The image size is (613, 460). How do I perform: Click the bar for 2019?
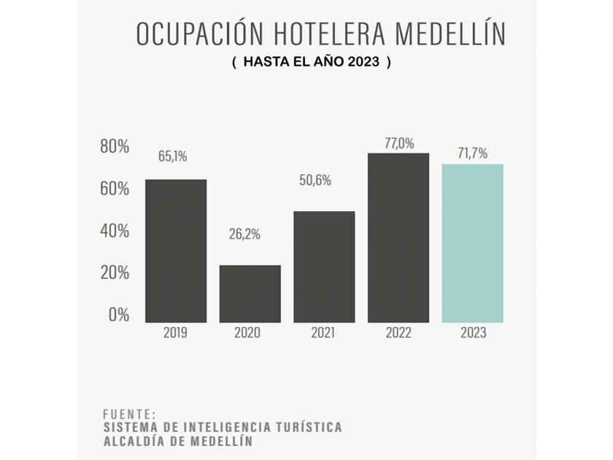point(175,250)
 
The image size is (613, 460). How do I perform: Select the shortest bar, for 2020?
point(250,294)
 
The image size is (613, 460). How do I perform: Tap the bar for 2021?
point(324,267)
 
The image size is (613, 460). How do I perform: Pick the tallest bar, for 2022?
point(398,237)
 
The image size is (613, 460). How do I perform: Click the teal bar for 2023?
point(472,243)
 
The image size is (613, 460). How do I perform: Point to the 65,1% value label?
point(173,156)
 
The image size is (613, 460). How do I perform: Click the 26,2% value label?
point(244,234)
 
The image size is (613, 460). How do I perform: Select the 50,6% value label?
point(315,180)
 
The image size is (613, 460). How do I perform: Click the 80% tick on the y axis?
point(115,146)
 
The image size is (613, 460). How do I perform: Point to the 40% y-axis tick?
point(115,231)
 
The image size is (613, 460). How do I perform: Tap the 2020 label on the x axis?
point(247,333)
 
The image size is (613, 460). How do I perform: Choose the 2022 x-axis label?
point(398,333)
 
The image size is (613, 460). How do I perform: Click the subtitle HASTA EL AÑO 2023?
point(312,62)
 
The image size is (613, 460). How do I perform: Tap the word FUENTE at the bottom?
point(130,413)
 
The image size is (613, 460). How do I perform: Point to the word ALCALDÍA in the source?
point(135,441)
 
